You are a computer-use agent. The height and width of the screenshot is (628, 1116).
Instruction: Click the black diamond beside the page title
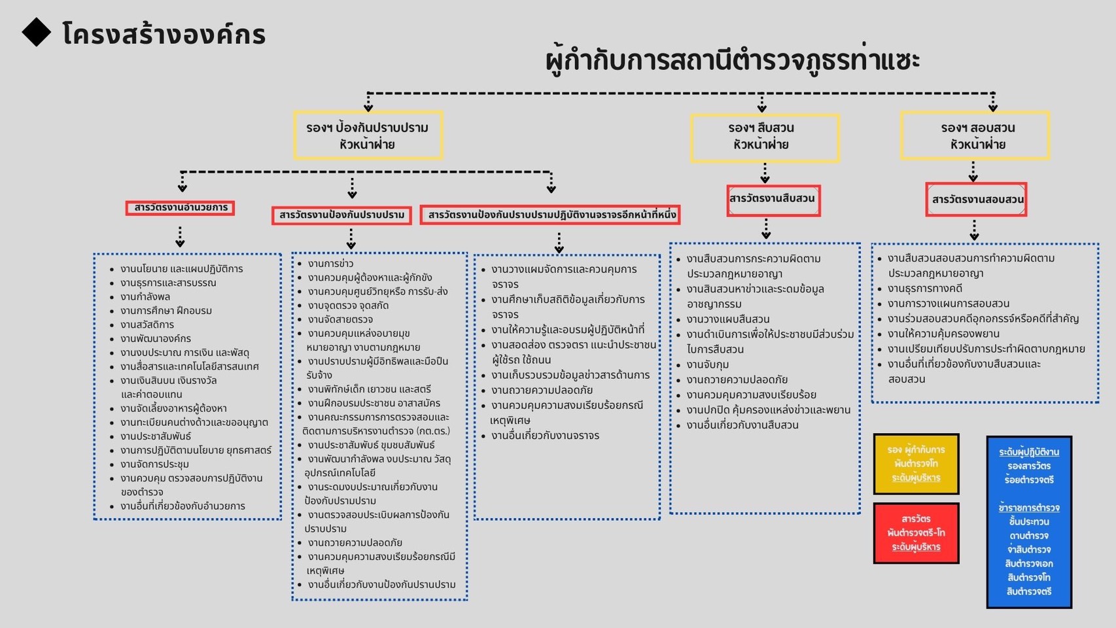(37, 32)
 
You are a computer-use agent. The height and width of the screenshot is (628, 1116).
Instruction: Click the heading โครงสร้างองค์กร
(164, 34)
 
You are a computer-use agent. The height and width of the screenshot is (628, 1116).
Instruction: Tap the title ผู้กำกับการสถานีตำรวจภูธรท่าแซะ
(732, 60)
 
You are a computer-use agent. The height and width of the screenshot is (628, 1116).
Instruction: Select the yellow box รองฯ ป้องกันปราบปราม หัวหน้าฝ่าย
(368, 135)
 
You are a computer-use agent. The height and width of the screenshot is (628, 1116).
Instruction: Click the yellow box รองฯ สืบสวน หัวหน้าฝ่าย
(764, 137)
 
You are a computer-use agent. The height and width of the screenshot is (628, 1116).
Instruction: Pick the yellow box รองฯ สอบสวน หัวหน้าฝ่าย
(975, 135)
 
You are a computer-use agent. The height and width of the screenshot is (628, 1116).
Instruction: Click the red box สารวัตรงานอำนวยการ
(180, 208)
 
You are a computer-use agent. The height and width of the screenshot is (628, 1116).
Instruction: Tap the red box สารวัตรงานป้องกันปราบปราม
(341, 215)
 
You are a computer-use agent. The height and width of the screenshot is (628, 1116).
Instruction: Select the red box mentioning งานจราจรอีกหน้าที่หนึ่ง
(550, 215)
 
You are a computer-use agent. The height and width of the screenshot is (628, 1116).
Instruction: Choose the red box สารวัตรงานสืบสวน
(773, 200)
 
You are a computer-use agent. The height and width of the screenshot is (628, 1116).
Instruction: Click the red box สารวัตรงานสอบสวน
(976, 200)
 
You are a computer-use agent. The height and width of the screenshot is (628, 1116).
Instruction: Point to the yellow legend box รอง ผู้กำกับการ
(916, 464)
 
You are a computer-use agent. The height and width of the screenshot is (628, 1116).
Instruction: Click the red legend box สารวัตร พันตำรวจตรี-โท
(916, 532)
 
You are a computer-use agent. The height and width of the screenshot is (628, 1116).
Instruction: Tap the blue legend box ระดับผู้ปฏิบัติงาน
(1028, 521)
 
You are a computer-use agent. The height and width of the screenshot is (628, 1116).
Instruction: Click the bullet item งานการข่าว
(330, 264)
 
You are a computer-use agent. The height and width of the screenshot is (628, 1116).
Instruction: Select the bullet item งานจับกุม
(707, 364)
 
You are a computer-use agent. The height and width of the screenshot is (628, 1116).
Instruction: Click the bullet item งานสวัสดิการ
(147, 324)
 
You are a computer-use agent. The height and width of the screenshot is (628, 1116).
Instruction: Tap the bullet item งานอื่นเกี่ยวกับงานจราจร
(545, 436)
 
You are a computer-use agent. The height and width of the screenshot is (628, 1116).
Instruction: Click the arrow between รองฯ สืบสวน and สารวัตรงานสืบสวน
(765, 173)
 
